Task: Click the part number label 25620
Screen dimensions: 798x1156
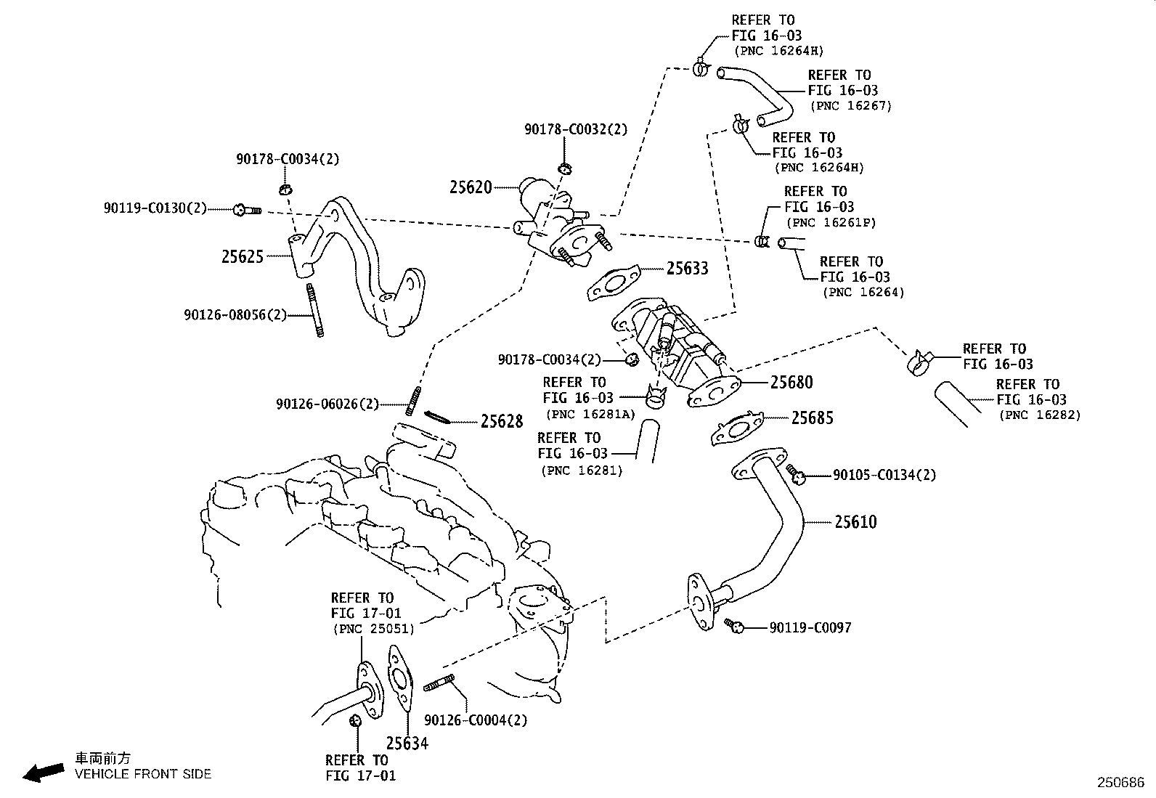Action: point(471,187)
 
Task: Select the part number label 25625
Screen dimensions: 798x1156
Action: point(243,256)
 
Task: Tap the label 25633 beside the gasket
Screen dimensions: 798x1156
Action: point(688,269)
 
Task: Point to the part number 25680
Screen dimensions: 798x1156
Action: point(791,383)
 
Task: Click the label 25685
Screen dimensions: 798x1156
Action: point(813,418)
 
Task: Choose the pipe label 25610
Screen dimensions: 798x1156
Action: point(855,522)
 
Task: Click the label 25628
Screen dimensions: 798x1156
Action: point(502,421)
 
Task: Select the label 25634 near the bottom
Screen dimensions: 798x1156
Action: point(407,744)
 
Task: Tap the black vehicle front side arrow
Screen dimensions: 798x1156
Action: point(43,773)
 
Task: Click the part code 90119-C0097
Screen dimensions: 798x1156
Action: point(810,627)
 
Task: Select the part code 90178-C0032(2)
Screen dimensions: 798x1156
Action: point(576,129)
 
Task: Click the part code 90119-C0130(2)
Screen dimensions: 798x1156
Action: point(155,209)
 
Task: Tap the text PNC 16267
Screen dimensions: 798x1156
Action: point(851,106)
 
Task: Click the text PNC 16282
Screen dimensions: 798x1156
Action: point(1040,415)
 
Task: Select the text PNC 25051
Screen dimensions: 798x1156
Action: point(373,629)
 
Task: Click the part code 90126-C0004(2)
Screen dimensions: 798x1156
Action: point(476,720)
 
